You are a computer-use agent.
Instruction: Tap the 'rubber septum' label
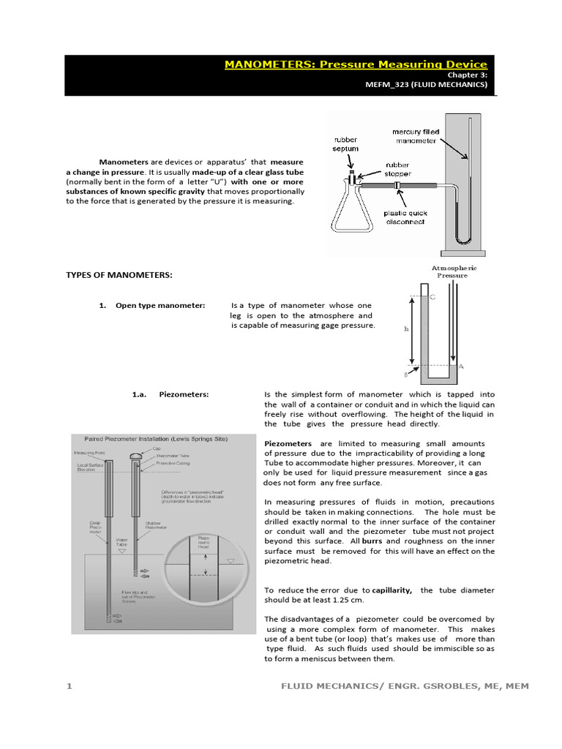(347, 143)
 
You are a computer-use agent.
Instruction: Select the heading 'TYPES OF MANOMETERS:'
(119, 274)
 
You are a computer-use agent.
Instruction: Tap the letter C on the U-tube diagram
(432, 298)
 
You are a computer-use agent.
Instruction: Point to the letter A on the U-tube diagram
(461, 365)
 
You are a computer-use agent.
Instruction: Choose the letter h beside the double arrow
(406, 329)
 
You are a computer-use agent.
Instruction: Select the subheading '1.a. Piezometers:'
(171, 394)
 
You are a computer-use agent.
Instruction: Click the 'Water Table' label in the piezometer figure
(121, 545)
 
